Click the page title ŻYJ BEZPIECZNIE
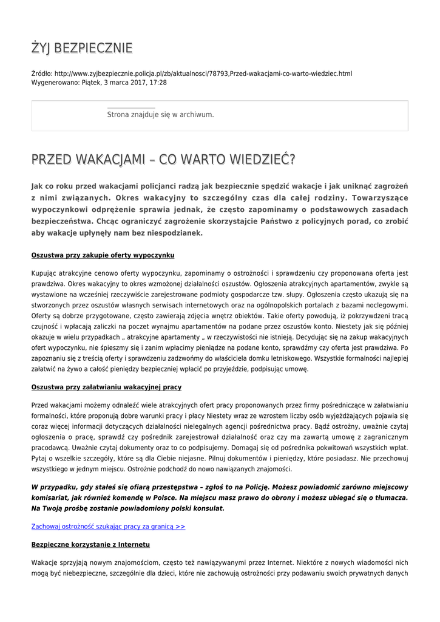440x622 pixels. coord(82,48)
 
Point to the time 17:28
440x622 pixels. coord(158,82)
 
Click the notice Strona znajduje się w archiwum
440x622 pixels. coord(160,114)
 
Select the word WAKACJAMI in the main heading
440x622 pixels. coord(113,159)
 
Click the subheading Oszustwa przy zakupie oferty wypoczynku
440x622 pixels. coord(103,255)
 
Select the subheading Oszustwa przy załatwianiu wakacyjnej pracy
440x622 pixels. coord(106,387)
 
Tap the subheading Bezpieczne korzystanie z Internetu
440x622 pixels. coord(90,544)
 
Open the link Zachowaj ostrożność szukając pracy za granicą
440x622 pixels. coord(108,527)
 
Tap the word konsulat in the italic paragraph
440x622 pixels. coord(206,508)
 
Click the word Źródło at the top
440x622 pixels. coord(41,73)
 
